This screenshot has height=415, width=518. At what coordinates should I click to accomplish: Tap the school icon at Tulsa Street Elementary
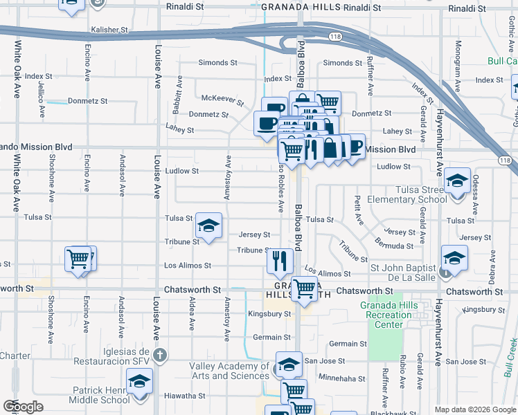[x=457, y=182]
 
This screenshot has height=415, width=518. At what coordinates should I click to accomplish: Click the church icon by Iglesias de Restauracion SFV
[x=160, y=356]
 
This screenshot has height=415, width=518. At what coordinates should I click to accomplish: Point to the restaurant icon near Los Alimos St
[x=280, y=261]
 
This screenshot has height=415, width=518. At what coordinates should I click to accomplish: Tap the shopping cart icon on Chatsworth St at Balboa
[x=304, y=288]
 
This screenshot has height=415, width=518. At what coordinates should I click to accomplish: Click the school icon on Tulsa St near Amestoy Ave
[x=208, y=225]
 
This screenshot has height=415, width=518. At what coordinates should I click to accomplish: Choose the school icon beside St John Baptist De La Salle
[x=454, y=259]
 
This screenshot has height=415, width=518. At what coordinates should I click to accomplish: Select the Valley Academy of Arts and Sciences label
[x=229, y=371]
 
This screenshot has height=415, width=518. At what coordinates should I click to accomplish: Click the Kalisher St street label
[x=110, y=31]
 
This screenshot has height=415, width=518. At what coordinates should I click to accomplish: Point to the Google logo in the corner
[x=23, y=407]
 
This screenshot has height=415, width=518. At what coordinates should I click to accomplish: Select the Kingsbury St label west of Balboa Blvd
[x=269, y=314]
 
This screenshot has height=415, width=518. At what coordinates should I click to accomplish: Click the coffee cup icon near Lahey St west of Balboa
[x=267, y=122]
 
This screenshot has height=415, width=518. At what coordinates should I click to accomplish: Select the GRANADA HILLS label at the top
[x=301, y=6]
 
